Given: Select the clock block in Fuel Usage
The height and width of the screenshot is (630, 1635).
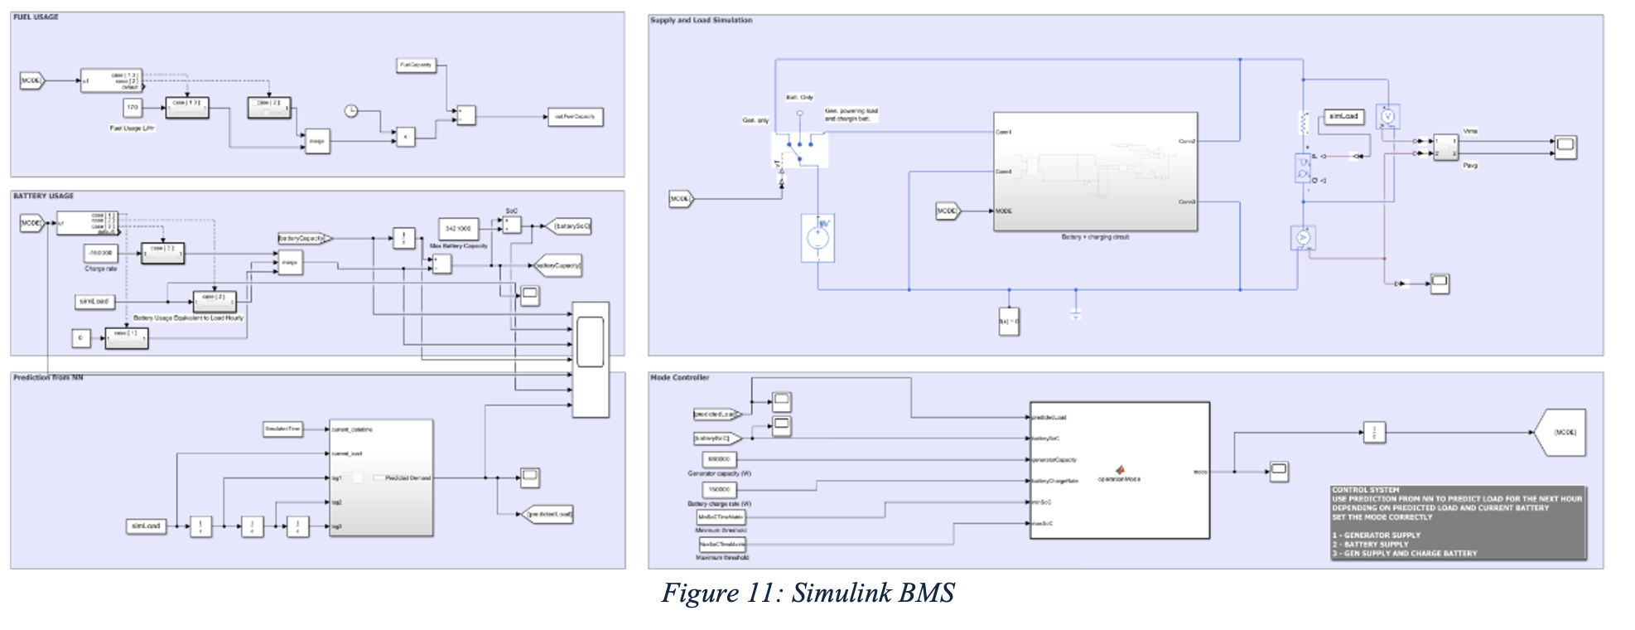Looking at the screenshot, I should pyautogui.click(x=351, y=111).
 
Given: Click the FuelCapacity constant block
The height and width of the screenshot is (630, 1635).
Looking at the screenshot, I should pyautogui.click(x=416, y=65).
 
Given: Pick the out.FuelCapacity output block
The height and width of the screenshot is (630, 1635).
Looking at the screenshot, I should pyautogui.click(x=575, y=117).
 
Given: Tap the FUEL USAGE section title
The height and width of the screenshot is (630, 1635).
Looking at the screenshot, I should pyautogui.click(x=36, y=17).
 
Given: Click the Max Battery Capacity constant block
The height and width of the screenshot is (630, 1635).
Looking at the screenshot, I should pyautogui.click(x=458, y=228).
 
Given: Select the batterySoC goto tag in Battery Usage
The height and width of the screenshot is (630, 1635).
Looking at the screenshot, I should pyautogui.click(x=570, y=225).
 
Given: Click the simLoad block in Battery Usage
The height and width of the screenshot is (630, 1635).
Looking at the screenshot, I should pyautogui.click(x=94, y=302).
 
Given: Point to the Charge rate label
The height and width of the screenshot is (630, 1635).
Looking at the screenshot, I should pyautogui.click(x=100, y=269).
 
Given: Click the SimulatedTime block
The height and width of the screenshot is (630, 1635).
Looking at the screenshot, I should pyautogui.click(x=282, y=429).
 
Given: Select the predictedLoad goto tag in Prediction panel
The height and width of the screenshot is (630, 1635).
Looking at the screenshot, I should pyautogui.click(x=547, y=515).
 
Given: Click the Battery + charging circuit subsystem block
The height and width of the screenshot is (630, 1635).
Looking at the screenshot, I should pyautogui.click(x=1095, y=172).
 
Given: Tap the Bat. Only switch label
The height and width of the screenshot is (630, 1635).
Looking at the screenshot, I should pyautogui.click(x=799, y=98).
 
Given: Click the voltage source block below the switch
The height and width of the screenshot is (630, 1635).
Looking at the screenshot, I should pyautogui.click(x=817, y=238).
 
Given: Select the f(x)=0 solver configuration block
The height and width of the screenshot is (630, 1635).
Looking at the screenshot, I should pyautogui.click(x=1009, y=321).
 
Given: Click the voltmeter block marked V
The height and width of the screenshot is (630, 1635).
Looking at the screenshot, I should pyautogui.click(x=1387, y=117).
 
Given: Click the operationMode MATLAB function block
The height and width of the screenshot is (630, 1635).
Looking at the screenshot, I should pyautogui.click(x=1119, y=471).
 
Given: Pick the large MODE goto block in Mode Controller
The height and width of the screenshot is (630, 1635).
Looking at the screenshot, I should pyautogui.click(x=1561, y=432).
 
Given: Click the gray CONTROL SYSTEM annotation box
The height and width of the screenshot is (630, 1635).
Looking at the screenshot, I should pyautogui.click(x=1458, y=522).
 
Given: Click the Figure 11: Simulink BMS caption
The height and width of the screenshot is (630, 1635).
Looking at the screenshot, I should pyautogui.click(x=808, y=593).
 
